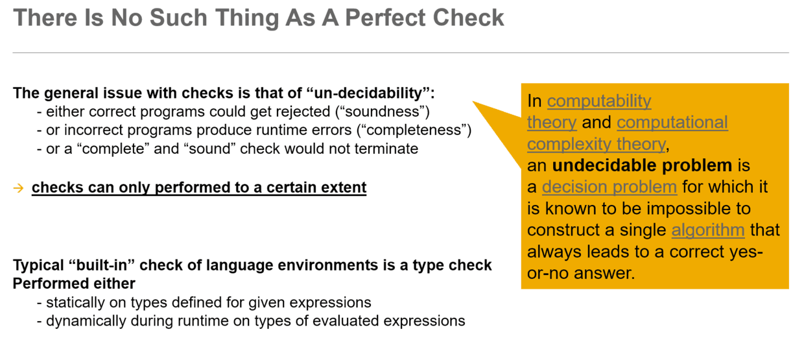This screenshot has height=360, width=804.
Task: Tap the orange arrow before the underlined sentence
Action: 18,187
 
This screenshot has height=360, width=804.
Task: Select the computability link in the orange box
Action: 599,101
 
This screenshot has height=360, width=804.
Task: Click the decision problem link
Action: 609,187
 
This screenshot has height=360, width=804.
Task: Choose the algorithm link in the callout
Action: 708,230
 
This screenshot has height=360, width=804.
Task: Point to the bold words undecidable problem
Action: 642,165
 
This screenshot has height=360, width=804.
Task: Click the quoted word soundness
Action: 383,112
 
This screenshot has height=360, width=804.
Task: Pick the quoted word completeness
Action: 414,130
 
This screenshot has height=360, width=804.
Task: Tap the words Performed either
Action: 74,283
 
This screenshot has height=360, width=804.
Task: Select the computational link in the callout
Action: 672,123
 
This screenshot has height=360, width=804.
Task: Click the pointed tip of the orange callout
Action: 472,102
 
